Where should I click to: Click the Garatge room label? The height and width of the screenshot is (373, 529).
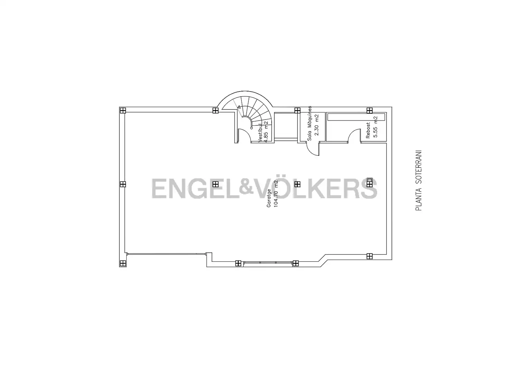coord(269,198)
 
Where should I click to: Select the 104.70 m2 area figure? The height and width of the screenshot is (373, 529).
coord(276,193)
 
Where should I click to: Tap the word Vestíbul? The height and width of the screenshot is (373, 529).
coord(260,133)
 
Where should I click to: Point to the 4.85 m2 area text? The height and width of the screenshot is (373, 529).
coord(266,132)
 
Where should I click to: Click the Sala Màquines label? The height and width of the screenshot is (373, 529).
coord(310,123)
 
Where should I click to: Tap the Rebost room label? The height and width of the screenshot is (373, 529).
coord(368,131)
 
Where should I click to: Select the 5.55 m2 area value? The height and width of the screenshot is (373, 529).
coord(375,127)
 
